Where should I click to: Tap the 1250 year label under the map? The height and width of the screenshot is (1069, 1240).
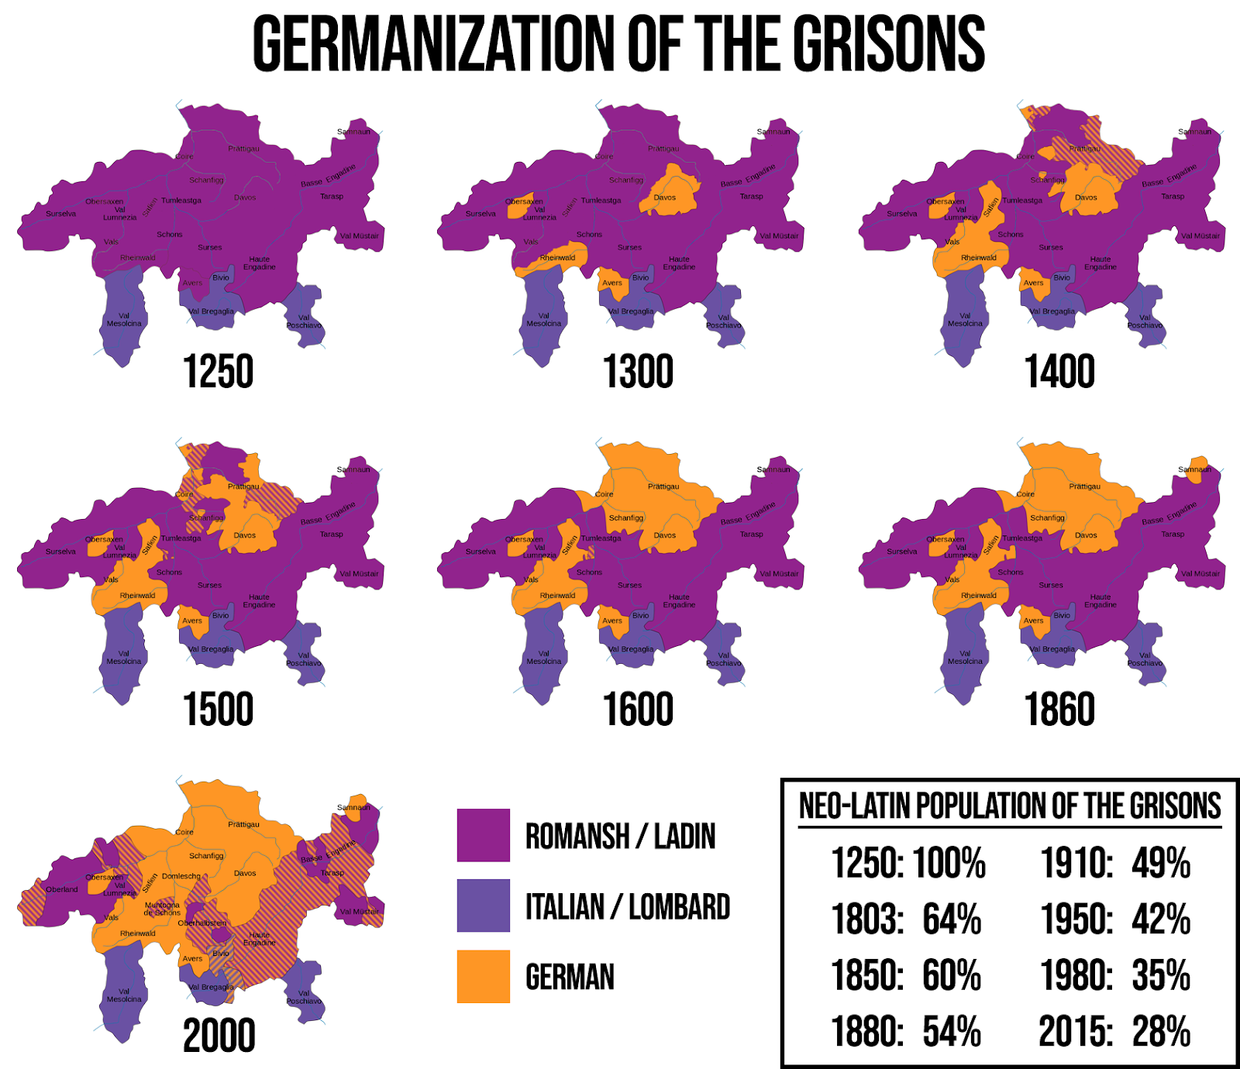(218, 372)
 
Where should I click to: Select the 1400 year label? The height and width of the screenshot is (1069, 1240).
(1059, 372)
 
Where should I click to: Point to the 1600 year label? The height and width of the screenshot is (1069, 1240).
(638, 710)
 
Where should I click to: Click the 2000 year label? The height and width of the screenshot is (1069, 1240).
(219, 1036)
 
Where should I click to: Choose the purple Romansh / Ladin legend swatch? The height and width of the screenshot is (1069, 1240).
(483, 835)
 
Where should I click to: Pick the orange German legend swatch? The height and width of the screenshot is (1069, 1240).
(483, 976)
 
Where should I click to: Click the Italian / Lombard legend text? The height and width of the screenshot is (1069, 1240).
(628, 906)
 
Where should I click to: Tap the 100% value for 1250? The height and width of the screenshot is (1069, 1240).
(949, 863)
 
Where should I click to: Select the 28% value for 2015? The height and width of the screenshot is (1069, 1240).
(1161, 1032)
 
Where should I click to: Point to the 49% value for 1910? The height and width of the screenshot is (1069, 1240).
(1161, 863)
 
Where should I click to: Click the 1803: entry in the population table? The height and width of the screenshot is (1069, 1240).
(867, 919)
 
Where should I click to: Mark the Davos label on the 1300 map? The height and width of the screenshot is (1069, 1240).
(664, 198)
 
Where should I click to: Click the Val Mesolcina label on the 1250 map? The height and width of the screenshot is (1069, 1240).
(124, 319)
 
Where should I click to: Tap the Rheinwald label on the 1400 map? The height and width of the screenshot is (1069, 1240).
(979, 258)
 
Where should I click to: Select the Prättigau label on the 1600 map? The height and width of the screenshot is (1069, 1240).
(663, 486)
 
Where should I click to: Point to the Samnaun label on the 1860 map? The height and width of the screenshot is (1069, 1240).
(1194, 469)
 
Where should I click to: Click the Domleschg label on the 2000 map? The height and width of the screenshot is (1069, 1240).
(181, 876)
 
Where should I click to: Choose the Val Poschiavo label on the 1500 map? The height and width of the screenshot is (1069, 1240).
(304, 658)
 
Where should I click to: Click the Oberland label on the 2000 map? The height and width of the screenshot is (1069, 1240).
(62, 889)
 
